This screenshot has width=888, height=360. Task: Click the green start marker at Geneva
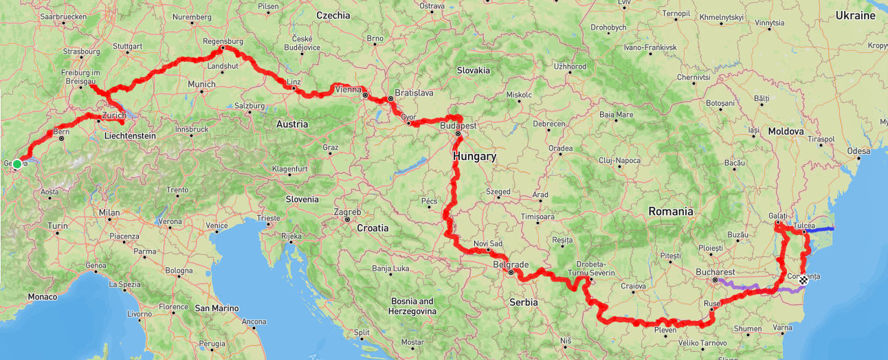pos(16,164)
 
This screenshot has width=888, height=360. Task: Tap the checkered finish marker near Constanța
pos(803,279)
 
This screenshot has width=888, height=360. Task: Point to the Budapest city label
pos(458,126)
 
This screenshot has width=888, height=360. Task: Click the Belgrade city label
pos(511,265)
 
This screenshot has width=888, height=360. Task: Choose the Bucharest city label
pos(715,272)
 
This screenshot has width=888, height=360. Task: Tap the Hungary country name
pos(474,157)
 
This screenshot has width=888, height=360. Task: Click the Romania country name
pos(671,212)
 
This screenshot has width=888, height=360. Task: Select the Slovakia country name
pos(474,70)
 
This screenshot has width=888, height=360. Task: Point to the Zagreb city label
pos(347,212)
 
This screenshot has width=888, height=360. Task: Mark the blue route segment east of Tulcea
pos(821,229)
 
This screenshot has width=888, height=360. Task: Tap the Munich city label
pos(201,85)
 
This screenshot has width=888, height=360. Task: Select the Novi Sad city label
pos(488,244)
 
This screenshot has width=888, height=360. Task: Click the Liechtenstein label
pos(130,136)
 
